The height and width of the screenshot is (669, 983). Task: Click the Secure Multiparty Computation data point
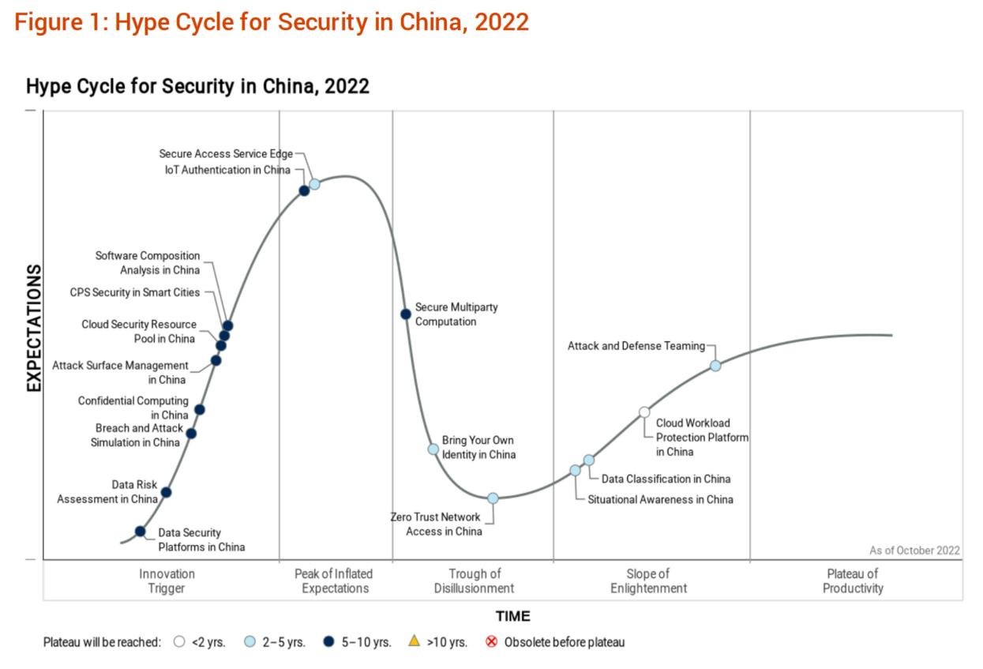(406, 314)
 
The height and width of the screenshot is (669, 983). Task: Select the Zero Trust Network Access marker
(493, 498)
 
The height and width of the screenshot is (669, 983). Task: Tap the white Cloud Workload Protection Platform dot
(644, 412)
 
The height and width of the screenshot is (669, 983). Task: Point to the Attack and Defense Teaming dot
(715, 366)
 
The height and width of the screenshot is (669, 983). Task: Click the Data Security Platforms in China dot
(141, 531)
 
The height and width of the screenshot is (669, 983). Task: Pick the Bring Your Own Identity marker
(433, 449)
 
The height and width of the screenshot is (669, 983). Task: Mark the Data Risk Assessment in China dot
(166, 492)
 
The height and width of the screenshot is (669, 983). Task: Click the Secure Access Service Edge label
(225, 154)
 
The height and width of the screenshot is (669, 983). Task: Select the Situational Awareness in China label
(660, 499)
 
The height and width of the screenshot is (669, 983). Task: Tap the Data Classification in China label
(666, 479)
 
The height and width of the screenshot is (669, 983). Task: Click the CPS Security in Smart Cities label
(135, 292)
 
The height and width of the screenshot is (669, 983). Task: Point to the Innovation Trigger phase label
(167, 581)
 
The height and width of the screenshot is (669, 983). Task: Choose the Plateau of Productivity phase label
(853, 581)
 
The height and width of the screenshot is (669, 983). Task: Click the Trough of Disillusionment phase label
(474, 581)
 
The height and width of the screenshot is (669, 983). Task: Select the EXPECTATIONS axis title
(34, 328)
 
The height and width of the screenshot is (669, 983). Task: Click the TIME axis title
(512, 616)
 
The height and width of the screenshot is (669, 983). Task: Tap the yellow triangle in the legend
(414, 641)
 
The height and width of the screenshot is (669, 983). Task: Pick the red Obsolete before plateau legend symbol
(491, 641)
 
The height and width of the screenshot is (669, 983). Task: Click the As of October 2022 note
(914, 551)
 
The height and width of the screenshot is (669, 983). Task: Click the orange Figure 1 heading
(272, 21)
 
